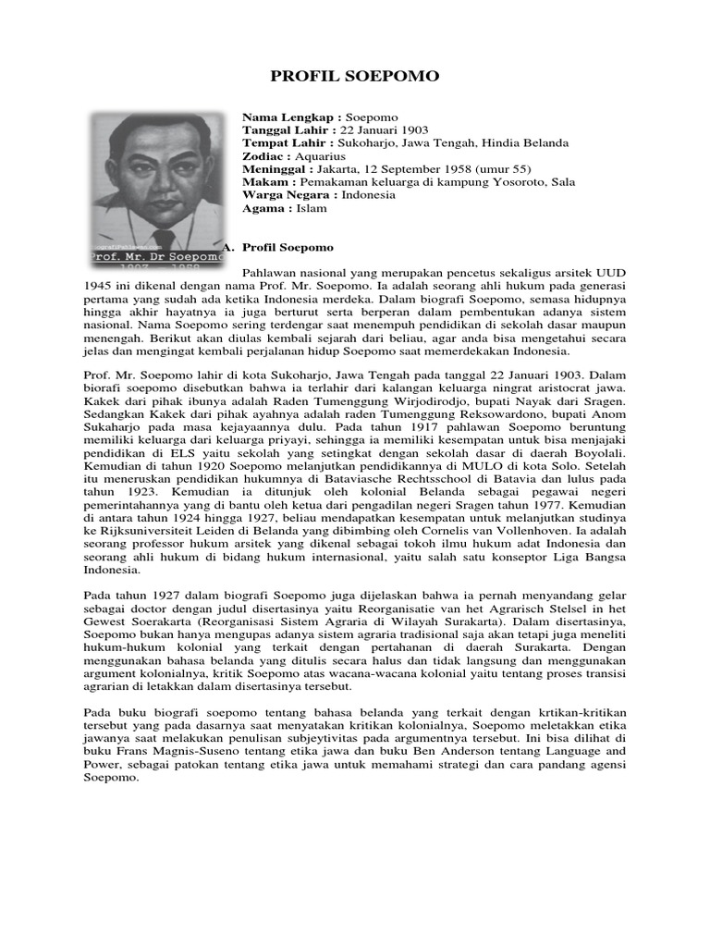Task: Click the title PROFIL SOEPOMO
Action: (x=354, y=76)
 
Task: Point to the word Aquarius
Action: (x=321, y=157)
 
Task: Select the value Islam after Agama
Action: (x=312, y=209)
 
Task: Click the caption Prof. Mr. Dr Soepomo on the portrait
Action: (x=156, y=254)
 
